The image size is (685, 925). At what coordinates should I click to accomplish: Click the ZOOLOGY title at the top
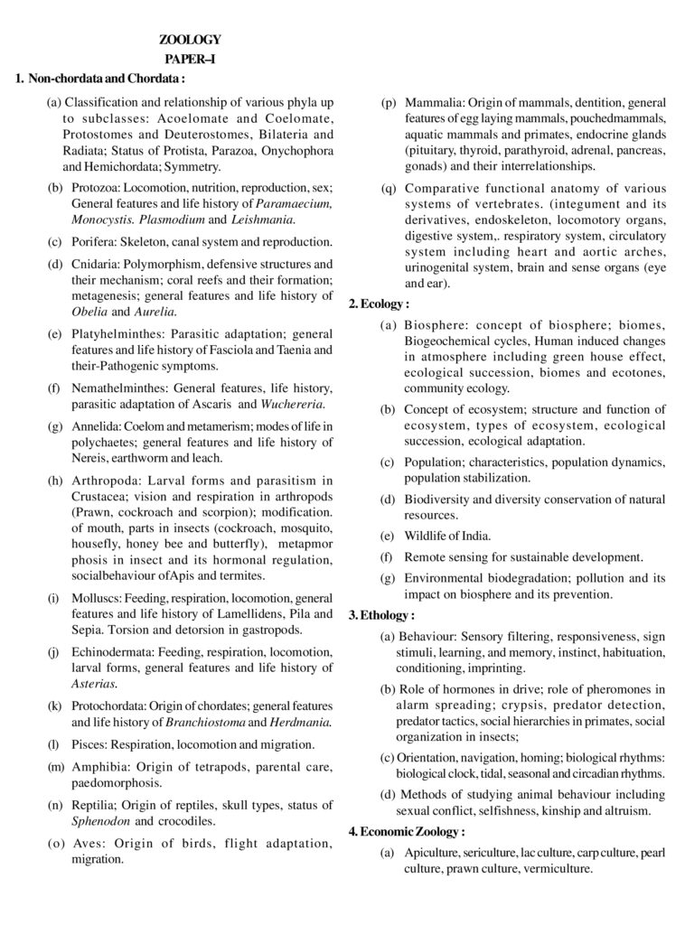pyautogui.click(x=190, y=39)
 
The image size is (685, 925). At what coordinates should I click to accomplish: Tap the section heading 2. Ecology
pyautogui.click(x=379, y=304)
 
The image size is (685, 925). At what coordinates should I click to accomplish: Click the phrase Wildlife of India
pyautogui.click(x=447, y=535)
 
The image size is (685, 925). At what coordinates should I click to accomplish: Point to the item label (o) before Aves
pyautogui.click(x=55, y=843)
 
